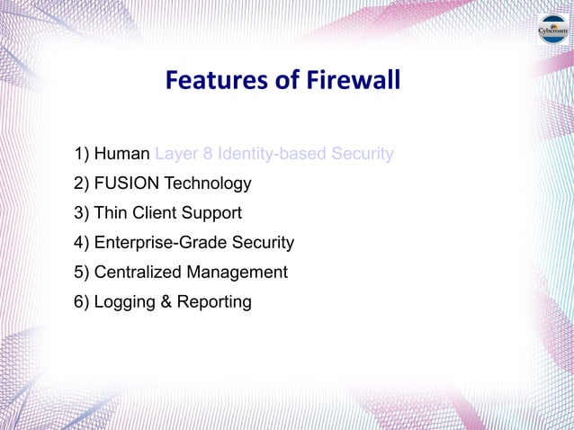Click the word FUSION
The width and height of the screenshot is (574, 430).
(127, 184)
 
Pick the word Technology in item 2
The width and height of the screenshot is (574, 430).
(207, 184)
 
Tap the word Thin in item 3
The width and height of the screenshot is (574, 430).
(111, 213)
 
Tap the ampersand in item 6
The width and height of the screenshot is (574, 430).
(165, 301)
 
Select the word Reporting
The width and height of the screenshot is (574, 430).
(213, 302)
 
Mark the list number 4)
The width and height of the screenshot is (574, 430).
(82, 243)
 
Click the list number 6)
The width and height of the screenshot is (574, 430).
(82, 301)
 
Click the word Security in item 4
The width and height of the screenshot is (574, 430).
(264, 243)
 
